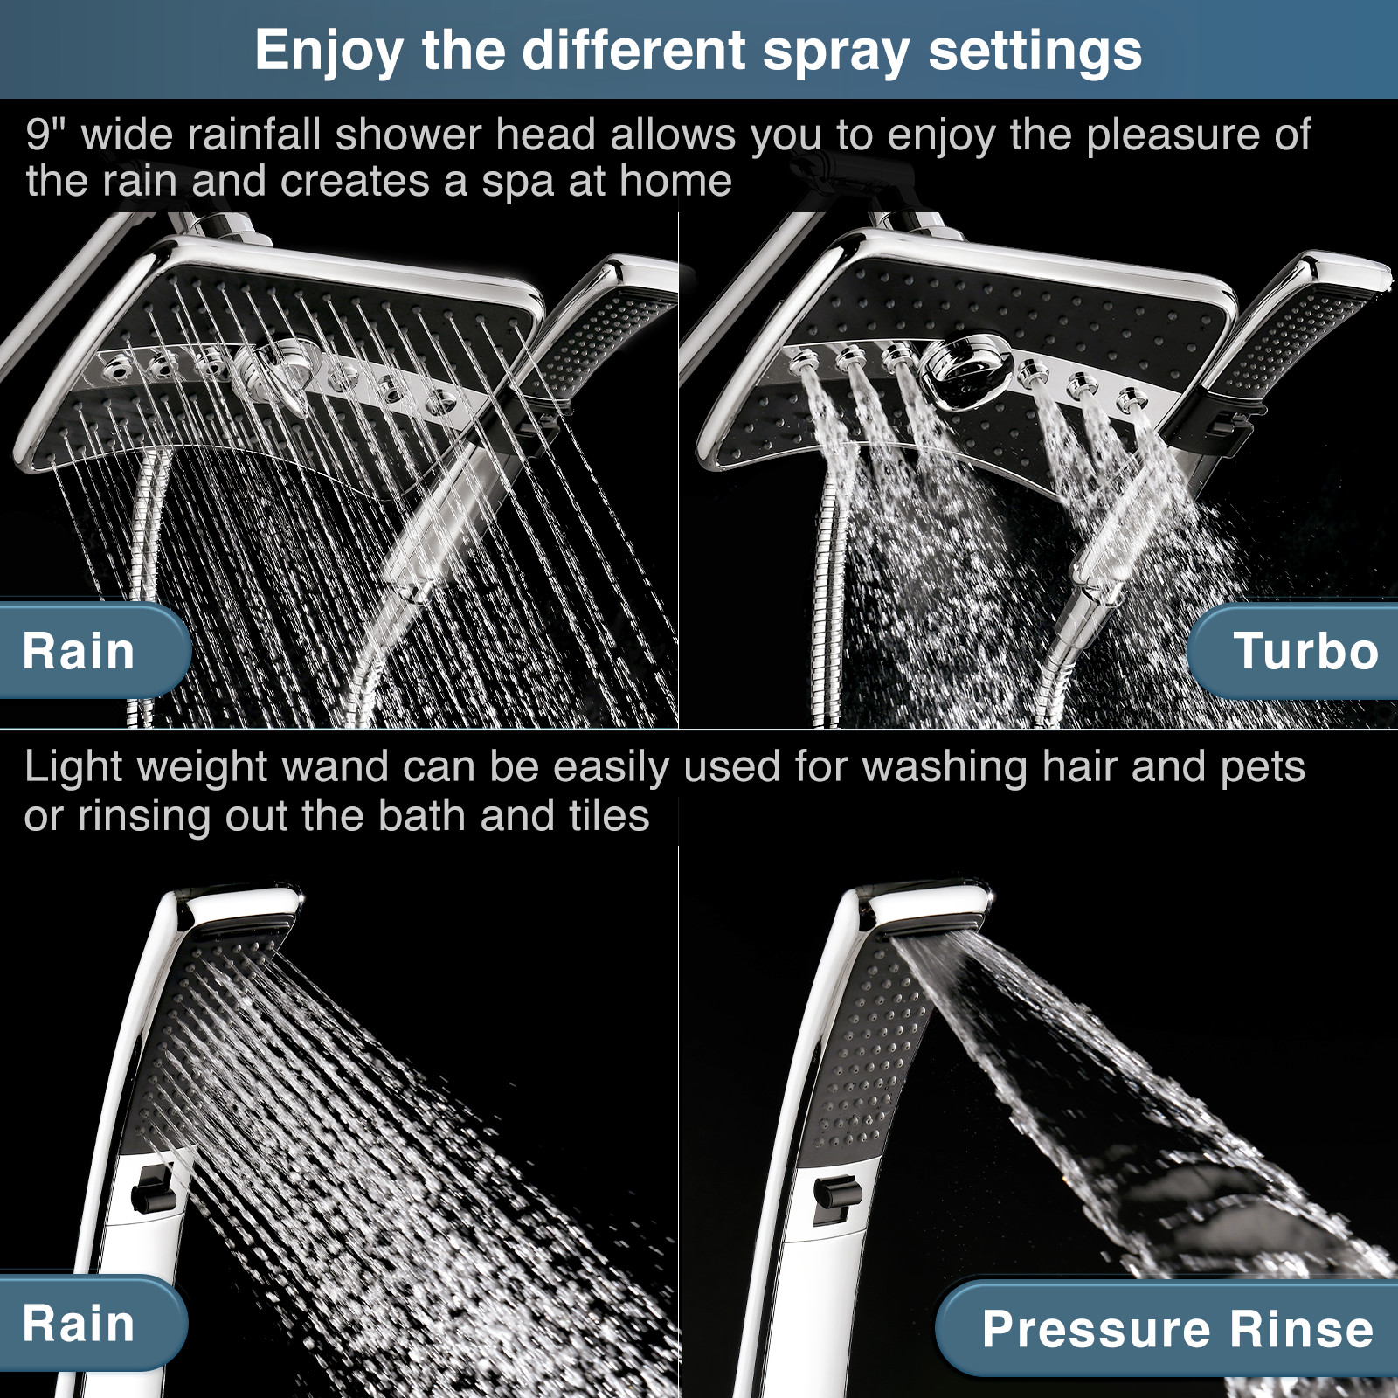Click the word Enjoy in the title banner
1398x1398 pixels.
click(x=328, y=51)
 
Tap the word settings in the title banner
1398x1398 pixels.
click(x=1035, y=51)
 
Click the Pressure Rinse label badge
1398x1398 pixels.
click(x=1176, y=1329)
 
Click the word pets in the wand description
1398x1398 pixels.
click(x=1262, y=767)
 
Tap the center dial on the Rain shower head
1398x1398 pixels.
click(x=278, y=371)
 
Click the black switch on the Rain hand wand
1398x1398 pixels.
click(x=154, y=1188)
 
